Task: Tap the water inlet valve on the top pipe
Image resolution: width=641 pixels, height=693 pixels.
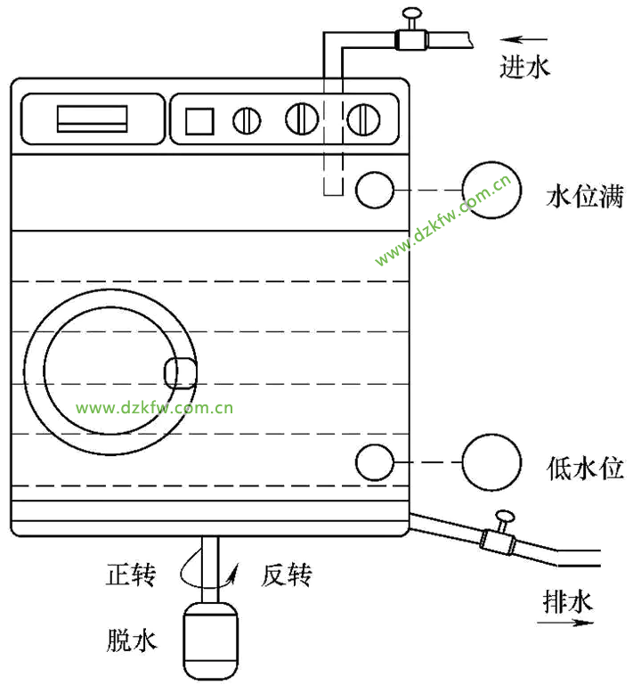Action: coord(410,37)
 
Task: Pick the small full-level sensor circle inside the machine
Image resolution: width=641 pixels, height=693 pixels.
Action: coord(376,189)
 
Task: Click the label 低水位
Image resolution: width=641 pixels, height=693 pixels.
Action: coord(585,468)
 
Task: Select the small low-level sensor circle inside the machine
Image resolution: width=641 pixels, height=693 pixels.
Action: coord(376,461)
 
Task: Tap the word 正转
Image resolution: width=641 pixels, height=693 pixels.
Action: coord(131,576)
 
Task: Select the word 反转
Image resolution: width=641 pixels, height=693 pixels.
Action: coord(287,576)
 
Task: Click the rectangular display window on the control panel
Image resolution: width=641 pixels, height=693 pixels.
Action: coord(92,119)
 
